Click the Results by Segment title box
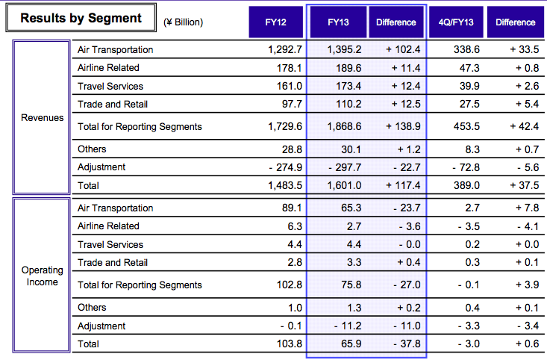81,18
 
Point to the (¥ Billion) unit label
183,22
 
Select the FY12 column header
275,22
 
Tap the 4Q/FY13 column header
456,22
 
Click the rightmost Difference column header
515,22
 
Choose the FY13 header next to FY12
338,22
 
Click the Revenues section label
43,118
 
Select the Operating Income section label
43,276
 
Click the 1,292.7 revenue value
285,49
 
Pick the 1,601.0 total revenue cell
344,185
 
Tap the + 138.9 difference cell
403,126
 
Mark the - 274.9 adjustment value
285,167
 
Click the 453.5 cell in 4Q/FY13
466,126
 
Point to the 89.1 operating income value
292,208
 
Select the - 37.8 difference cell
407,344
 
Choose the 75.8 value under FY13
351,285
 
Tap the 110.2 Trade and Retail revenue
348,104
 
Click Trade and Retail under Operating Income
113,263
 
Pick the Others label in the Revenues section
92,149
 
